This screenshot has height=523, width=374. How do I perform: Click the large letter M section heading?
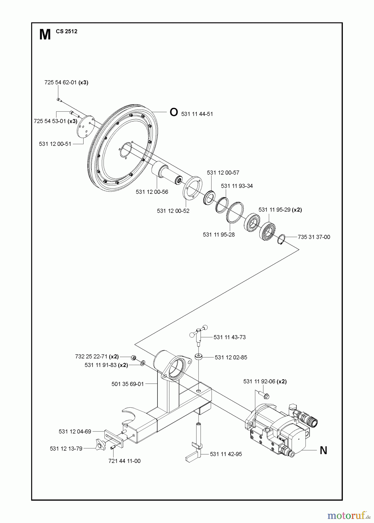[x=45, y=35]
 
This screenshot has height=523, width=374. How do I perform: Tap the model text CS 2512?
[x=67, y=32]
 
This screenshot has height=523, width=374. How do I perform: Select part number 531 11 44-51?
[x=197, y=114]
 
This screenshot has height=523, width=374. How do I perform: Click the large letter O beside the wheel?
[x=173, y=112]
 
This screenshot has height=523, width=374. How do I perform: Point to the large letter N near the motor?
[x=323, y=450]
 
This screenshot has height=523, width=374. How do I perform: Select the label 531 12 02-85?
[x=231, y=357]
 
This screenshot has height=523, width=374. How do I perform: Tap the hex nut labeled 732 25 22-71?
[x=134, y=357]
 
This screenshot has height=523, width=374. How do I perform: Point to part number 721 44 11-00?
[x=124, y=461]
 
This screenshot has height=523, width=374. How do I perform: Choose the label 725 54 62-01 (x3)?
[x=66, y=83]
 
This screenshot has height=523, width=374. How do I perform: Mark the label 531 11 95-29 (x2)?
[x=280, y=210]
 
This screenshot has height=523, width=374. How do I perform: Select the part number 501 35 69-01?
[x=127, y=384]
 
